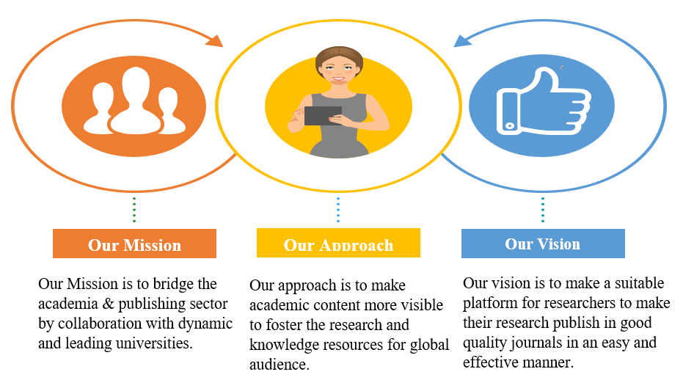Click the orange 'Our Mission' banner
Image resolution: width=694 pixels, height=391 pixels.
pos(134,244)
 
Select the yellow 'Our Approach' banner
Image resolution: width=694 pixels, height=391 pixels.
pos(339,243)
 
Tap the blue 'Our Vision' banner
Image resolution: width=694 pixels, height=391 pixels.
pos(543,244)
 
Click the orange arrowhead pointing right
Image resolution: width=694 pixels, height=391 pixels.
pos(214,40)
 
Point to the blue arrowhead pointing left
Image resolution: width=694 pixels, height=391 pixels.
pos(463,41)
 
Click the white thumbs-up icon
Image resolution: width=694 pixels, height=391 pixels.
pos(544,101)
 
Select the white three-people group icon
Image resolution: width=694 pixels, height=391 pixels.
pos(134,101)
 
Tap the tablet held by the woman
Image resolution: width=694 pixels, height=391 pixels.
pos(323,116)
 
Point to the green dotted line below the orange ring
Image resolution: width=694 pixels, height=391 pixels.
pos(134,210)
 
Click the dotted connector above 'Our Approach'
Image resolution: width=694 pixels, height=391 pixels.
pos(338,210)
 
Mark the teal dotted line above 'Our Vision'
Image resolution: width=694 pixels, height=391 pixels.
pos(543,210)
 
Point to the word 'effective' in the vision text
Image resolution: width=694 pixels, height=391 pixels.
pos(491,362)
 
